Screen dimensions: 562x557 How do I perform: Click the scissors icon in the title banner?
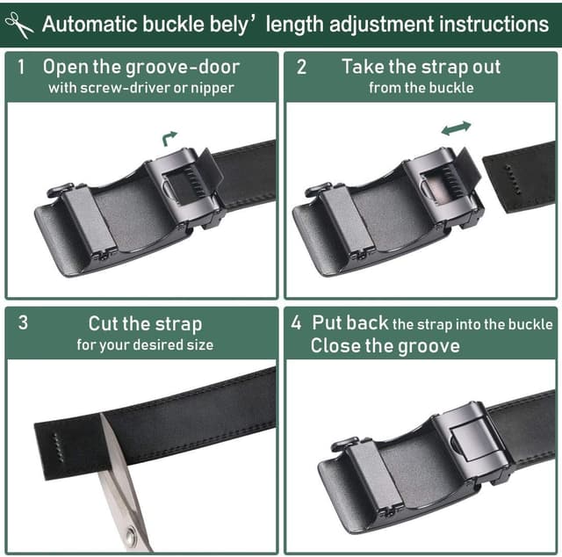[x=19, y=25]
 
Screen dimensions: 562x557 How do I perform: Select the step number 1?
[x=21, y=67]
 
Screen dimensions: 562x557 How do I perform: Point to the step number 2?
[x=301, y=67]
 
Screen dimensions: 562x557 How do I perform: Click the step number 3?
[x=23, y=322]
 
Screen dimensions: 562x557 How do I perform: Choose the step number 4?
[x=296, y=322]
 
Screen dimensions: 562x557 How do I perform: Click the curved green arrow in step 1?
[x=169, y=139]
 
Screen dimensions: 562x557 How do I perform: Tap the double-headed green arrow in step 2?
[x=456, y=128]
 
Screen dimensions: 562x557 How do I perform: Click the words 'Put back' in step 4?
[x=349, y=322]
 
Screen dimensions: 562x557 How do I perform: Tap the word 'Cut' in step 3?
[x=103, y=323]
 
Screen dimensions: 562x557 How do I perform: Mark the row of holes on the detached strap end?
[x=513, y=180]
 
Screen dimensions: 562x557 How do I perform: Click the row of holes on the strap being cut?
[x=59, y=447]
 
